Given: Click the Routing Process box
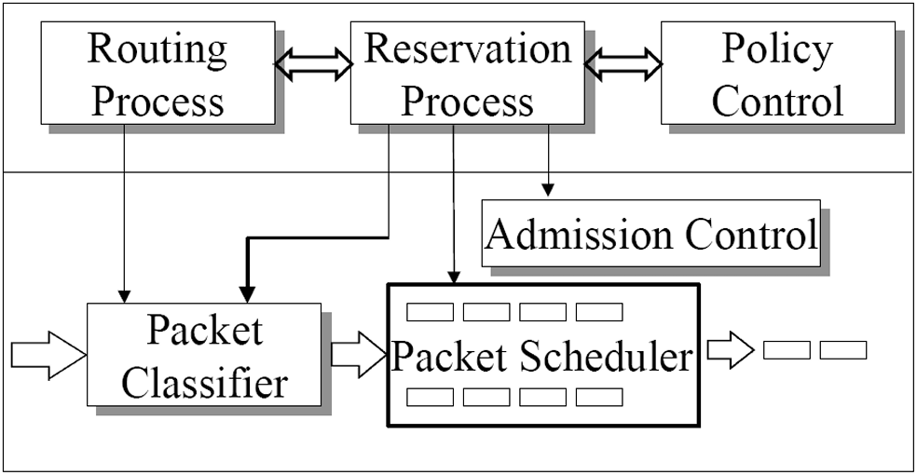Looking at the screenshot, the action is (157, 73).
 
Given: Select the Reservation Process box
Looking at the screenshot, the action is (467, 73).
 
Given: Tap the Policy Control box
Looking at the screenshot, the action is (778, 73).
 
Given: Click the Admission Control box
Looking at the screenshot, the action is (650, 234).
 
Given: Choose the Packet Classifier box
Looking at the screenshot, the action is (204, 355).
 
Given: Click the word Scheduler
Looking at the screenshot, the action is (606, 357).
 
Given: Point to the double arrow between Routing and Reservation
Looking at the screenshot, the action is (313, 63).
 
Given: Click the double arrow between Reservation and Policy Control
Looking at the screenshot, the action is (623, 63).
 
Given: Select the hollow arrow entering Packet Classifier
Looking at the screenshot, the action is (48, 355).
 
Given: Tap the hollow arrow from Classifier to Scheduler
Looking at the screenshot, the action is (359, 355).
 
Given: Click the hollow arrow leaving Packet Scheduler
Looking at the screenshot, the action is (731, 350).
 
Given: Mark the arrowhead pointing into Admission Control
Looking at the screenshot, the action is (547, 190).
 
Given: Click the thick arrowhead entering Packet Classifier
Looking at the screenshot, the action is (247, 294).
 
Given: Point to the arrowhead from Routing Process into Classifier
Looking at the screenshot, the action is (124, 296).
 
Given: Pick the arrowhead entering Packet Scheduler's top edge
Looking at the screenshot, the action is (454, 277).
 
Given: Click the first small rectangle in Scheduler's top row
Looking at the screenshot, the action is (430, 312).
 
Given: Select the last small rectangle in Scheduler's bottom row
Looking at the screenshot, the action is (599, 398).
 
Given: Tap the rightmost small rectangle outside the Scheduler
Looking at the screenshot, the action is (843, 350).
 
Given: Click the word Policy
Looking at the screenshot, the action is (777, 50).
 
